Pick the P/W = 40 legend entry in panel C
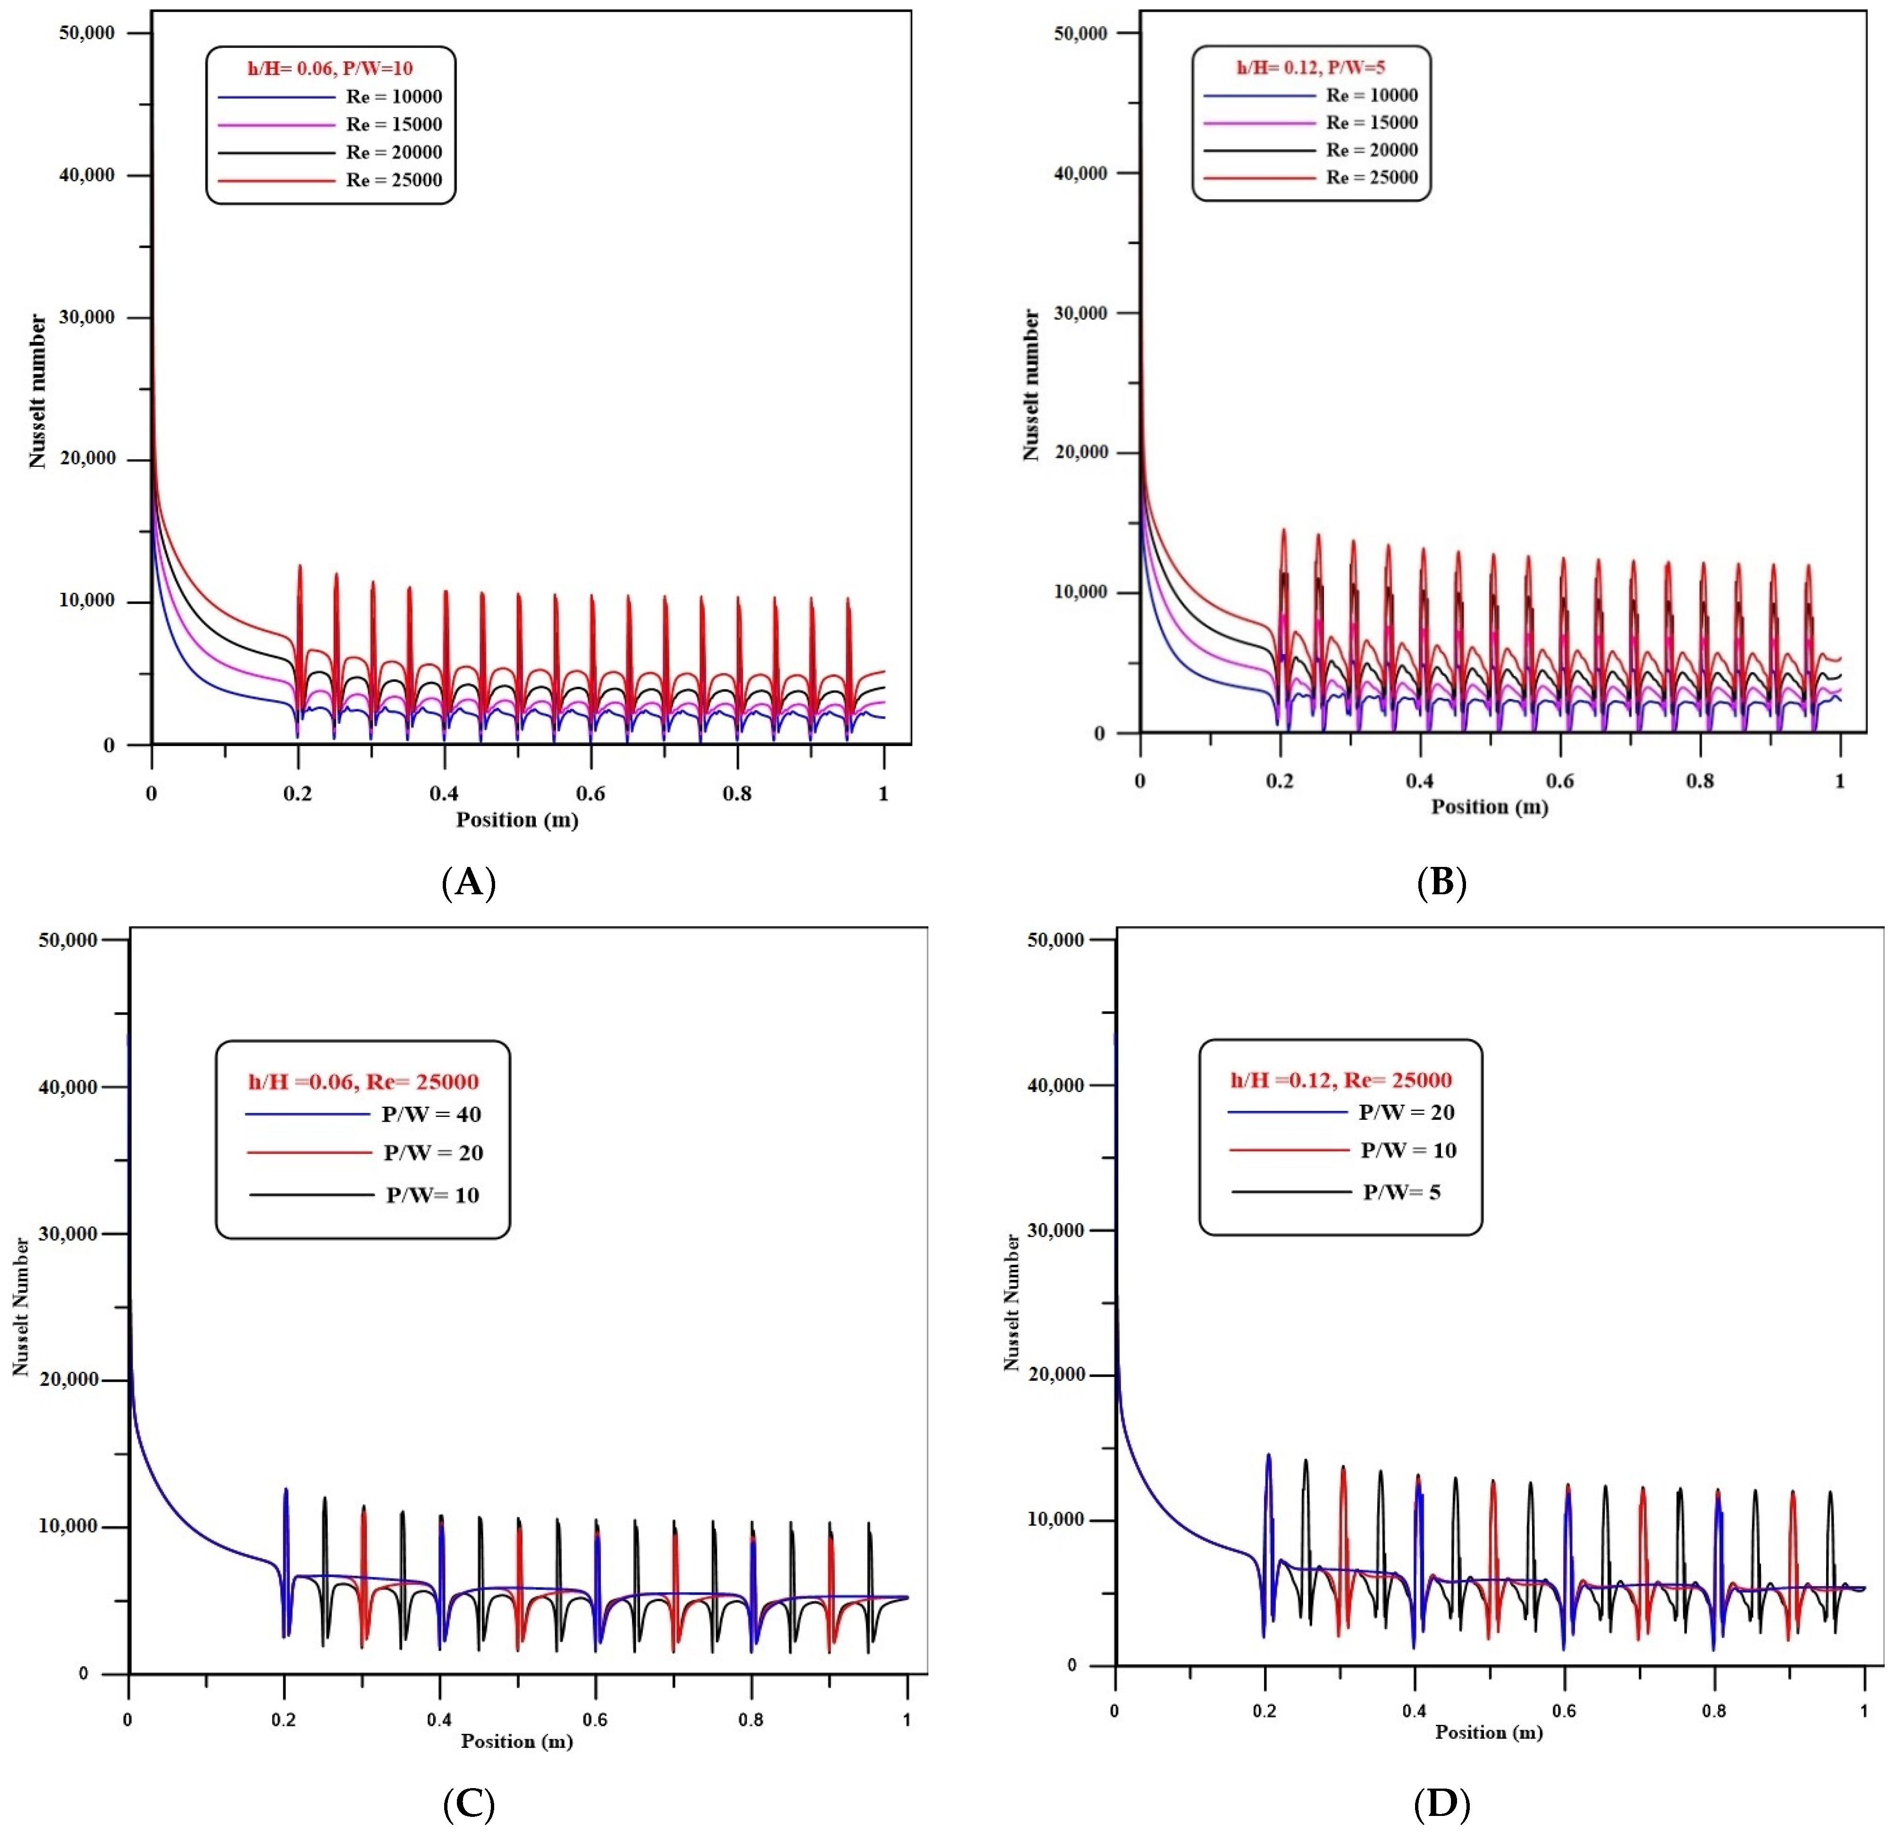(430, 1115)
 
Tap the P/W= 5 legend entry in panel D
(1401, 1192)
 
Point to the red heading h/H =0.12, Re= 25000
(1341, 1080)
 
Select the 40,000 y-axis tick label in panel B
(1079, 173)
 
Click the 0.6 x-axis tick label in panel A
(590, 793)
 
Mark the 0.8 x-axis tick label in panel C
(750, 1719)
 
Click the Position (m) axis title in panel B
(1489, 807)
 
